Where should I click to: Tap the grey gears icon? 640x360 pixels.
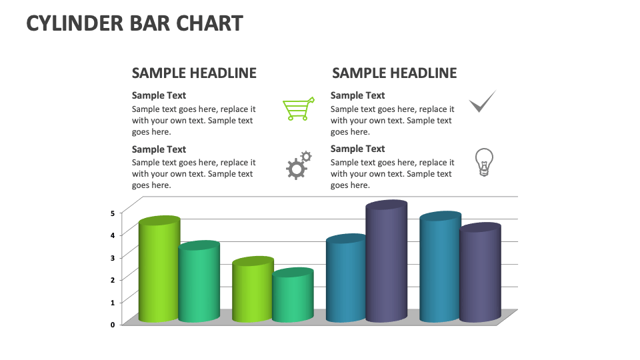298,165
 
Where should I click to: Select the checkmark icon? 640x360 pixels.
482,102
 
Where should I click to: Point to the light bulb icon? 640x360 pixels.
483,162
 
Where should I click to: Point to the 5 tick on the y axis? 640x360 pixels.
113,213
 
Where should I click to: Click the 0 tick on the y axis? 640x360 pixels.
113,325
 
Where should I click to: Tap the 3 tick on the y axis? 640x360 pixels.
113,257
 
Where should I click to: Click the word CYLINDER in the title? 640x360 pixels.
75,24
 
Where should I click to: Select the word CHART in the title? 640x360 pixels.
209,24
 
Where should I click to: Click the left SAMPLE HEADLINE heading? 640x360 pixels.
194,73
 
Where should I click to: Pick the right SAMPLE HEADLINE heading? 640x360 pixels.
395,73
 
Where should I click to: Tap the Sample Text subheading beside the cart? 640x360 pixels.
159,95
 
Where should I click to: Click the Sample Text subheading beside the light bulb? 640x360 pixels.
357,149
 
